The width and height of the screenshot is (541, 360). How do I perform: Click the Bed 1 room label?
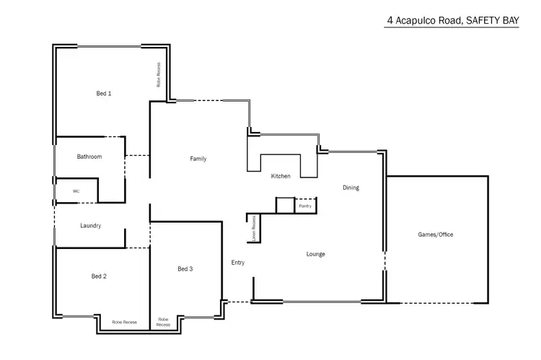[x=104, y=93]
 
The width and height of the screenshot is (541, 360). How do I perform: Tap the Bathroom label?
[x=89, y=157]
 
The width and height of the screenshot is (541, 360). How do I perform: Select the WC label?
[x=75, y=191]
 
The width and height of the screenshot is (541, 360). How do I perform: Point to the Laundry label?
[x=90, y=226]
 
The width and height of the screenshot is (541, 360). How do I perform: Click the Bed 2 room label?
[x=99, y=276]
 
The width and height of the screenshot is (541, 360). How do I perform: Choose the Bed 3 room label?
[x=185, y=269]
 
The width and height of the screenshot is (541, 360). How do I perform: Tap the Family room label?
[x=198, y=159]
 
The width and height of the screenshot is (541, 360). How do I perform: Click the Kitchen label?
[x=281, y=176]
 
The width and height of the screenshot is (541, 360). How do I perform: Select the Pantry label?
[x=305, y=206]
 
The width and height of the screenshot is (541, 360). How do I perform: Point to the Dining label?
[x=351, y=188]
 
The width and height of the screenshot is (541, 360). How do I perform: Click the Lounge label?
[x=315, y=254]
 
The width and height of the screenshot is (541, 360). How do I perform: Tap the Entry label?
[x=238, y=263]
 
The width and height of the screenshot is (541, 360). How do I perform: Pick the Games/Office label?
[x=436, y=234]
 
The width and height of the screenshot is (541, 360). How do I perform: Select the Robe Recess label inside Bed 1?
[x=158, y=75]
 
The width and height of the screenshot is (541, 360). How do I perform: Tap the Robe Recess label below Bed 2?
[x=125, y=322]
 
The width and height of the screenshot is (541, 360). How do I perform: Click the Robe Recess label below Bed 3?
[x=164, y=322]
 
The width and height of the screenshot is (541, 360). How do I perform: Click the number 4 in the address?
[x=390, y=22]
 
